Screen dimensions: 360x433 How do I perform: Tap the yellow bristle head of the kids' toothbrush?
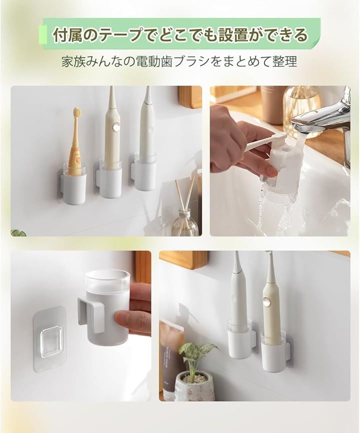(77, 111)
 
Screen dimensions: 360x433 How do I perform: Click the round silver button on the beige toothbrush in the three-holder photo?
(115, 127)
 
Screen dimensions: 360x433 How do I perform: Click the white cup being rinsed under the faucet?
(280, 165)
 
